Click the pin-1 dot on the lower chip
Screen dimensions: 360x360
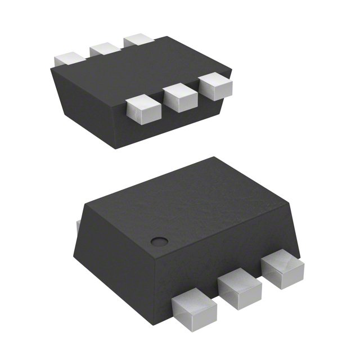pyautogui.click(x=160, y=242)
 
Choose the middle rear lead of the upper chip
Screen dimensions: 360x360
pyautogui.click(x=105, y=48)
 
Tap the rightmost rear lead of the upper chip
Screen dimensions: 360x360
pyautogui.click(x=139, y=40)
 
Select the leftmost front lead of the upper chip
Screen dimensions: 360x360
pyautogui.click(x=141, y=109)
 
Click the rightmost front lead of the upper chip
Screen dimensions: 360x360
pyautogui.click(x=217, y=85)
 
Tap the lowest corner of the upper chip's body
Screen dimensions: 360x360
pyautogui.click(x=116, y=148)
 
